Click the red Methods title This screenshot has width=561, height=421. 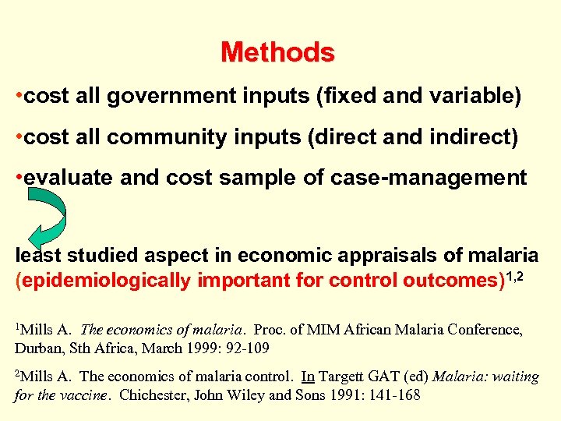coord(277,53)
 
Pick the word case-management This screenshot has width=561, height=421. coord(440,179)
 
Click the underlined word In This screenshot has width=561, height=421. coord(308,377)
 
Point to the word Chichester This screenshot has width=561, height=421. coord(161,394)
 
